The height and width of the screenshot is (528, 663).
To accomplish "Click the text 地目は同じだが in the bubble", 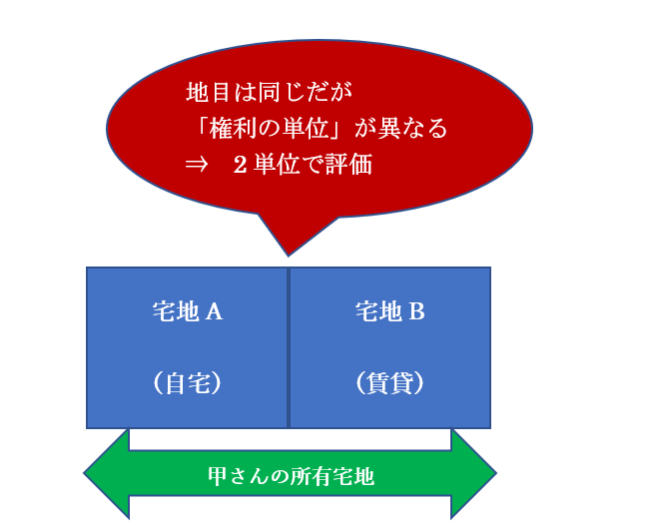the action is click(x=269, y=92).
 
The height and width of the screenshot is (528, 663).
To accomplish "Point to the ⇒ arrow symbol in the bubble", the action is click(x=197, y=165).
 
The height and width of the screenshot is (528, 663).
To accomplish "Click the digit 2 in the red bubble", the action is click(x=240, y=165).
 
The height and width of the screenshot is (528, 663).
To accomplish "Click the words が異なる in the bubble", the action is click(x=400, y=128).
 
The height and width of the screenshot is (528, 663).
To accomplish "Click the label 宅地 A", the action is click(x=188, y=312).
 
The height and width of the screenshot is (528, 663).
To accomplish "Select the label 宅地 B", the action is click(x=389, y=312).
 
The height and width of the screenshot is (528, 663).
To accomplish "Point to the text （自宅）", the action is click(x=188, y=383).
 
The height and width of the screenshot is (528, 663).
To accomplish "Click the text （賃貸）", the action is click(x=389, y=383).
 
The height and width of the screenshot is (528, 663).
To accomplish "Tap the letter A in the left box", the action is click(x=214, y=312).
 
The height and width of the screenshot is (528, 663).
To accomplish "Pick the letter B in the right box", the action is click(x=417, y=312).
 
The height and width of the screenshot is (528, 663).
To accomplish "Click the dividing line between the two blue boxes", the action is click(x=289, y=348).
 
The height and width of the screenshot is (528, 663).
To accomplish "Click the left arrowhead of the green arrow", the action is click(x=107, y=474).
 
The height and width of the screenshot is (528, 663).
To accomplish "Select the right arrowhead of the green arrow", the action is click(x=473, y=474).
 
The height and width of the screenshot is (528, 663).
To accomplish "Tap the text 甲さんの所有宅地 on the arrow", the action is click(x=291, y=476).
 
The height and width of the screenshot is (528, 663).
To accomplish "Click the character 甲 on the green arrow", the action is click(x=218, y=476).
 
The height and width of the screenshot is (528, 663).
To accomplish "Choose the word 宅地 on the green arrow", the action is click(x=353, y=476).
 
